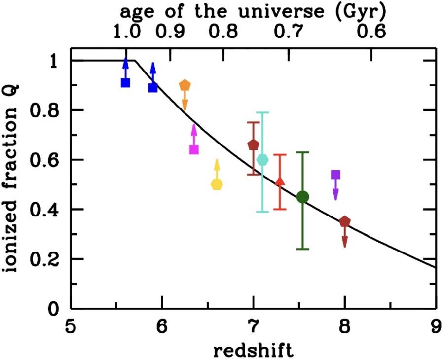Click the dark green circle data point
pyautogui.click(x=303, y=197)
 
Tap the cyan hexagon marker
pyautogui.click(x=263, y=160)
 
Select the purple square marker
pyautogui.click(x=335, y=175)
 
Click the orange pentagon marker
pyautogui.click(x=185, y=85)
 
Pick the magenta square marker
pyautogui.click(x=194, y=149)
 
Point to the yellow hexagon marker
pyautogui.click(x=217, y=184)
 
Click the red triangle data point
pyautogui.click(x=280, y=181)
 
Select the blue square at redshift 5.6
pyautogui.click(x=125, y=82)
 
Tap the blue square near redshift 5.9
pyautogui.click(x=153, y=87)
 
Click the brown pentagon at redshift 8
pyautogui.click(x=345, y=221)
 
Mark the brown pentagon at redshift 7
pyautogui.click(x=253, y=145)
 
